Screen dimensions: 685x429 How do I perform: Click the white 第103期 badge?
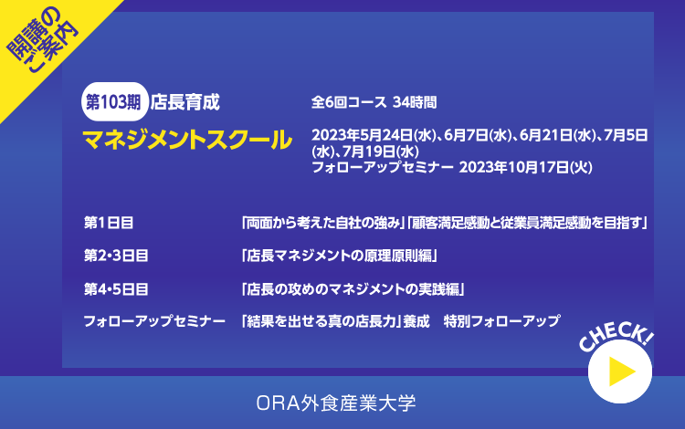click(x=115, y=101)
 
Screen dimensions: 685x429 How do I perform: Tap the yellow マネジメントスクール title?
click(x=187, y=140)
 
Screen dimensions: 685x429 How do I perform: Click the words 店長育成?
click(x=184, y=102)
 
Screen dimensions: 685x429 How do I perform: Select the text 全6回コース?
click(x=349, y=102)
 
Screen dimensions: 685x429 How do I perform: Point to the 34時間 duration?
click(x=415, y=102)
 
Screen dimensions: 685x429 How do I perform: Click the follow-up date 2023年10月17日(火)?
click(x=525, y=167)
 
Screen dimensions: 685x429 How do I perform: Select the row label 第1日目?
click(x=109, y=223)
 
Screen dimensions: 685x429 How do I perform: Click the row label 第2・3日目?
click(x=116, y=256)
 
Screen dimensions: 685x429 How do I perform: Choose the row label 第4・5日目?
click(x=116, y=289)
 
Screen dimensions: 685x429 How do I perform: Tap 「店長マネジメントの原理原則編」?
click(x=340, y=256)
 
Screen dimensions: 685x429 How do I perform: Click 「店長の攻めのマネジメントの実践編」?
click(x=353, y=289)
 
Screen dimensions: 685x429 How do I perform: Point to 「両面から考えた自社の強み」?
click(x=322, y=223)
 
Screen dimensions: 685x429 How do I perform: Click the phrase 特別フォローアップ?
click(x=501, y=321)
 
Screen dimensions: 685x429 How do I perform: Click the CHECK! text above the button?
click(x=616, y=337)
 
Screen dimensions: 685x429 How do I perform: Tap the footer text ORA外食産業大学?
click(x=336, y=403)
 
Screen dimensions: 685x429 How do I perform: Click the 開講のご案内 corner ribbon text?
click(x=41, y=40)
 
